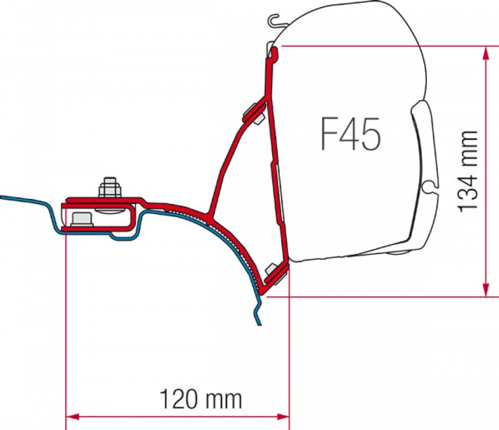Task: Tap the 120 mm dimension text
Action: (201, 399)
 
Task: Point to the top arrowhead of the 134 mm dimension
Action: (485, 53)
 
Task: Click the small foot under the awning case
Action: (397, 252)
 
